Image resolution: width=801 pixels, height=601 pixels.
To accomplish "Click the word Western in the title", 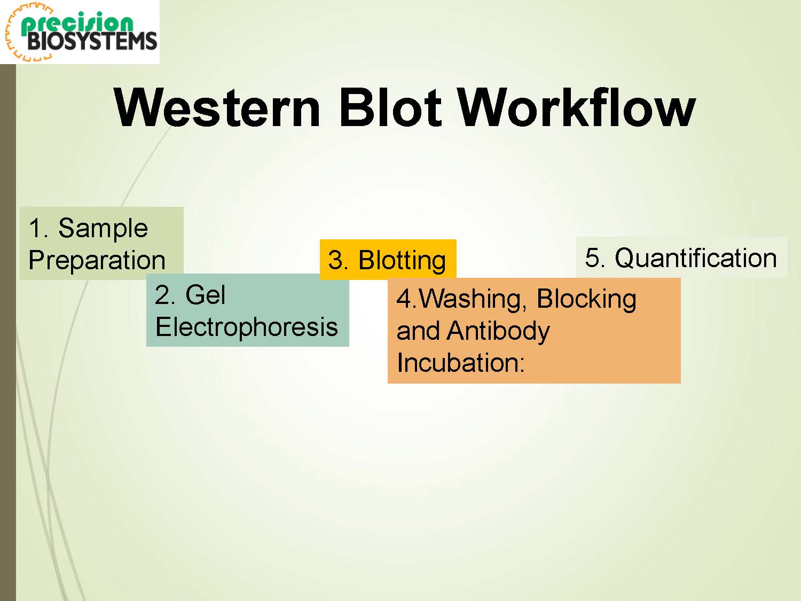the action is pos(217,108).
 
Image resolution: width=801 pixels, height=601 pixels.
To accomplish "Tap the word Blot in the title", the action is pos(390,107).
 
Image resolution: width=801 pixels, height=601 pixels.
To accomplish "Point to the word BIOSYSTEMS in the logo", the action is pos(92,41).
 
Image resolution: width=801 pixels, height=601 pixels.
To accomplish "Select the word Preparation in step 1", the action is pos(97,261).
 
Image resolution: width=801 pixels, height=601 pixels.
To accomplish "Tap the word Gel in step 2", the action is pos(205,294).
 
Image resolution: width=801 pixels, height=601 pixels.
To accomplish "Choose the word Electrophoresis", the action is pos(247,327).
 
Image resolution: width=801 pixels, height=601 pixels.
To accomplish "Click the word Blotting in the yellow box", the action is pos(402,261).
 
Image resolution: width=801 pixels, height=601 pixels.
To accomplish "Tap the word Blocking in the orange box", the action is pos(586,299).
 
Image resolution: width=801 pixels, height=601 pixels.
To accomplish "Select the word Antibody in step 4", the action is pos(498,331).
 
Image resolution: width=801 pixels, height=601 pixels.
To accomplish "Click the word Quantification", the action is pos(696,258).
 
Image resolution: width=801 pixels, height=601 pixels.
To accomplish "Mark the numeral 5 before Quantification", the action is pos(593,257).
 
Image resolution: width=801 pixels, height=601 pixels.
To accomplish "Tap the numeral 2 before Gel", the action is pos(163,294).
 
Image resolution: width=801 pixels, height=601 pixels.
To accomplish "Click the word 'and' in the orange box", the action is pos(418,331).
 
